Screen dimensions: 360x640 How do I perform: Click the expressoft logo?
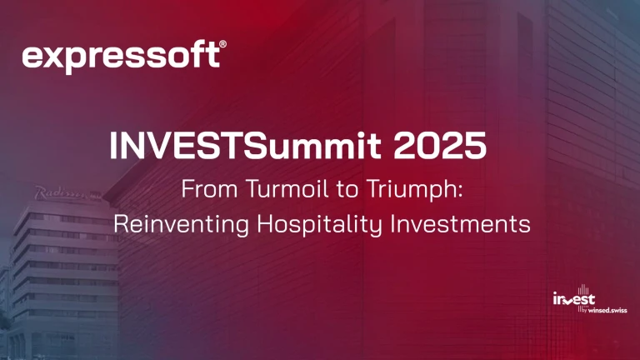pos(122,57)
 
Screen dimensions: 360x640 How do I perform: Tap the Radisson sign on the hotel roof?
pos(66,193)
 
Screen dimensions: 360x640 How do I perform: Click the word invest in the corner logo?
pos(573,300)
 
